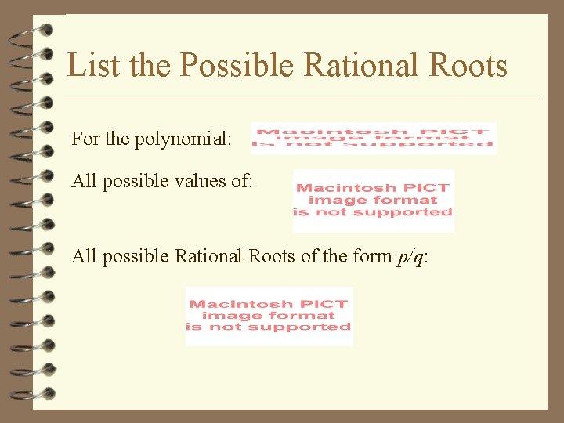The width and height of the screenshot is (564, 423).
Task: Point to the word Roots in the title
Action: click(468, 65)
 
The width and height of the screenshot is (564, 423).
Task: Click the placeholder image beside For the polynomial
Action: click(373, 138)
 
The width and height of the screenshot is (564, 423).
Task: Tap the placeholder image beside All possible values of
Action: click(373, 201)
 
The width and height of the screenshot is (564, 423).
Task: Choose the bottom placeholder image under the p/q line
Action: click(269, 316)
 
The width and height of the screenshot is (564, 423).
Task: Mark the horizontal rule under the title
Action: click(302, 99)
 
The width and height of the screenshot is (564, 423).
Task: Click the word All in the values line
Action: click(84, 181)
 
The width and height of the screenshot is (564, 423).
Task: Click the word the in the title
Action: click(146, 65)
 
